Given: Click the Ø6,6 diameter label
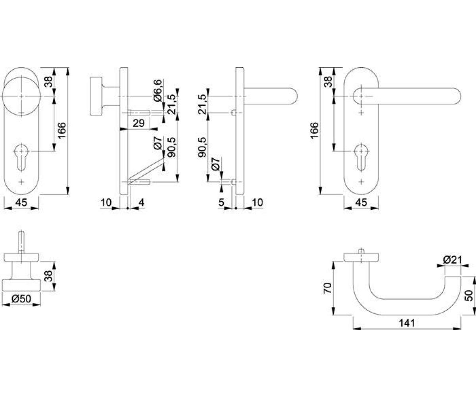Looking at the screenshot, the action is (158, 91).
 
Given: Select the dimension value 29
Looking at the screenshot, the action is (138, 123).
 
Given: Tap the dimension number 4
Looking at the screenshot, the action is (141, 202).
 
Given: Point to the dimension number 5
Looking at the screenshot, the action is (221, 202).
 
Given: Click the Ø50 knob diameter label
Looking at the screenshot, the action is (21, 299).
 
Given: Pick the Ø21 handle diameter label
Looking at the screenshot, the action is (453, 260).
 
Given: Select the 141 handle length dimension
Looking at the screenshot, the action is (407, 323).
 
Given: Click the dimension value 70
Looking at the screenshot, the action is (327, 288).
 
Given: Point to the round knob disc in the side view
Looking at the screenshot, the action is (95, 96).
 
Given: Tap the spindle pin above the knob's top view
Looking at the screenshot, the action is (21, 242).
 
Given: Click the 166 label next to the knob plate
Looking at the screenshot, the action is (61, 130).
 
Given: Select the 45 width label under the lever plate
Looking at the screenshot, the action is (361, 202).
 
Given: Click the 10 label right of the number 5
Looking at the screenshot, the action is (257, 202).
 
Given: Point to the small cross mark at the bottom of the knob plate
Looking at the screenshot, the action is (21, 182).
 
